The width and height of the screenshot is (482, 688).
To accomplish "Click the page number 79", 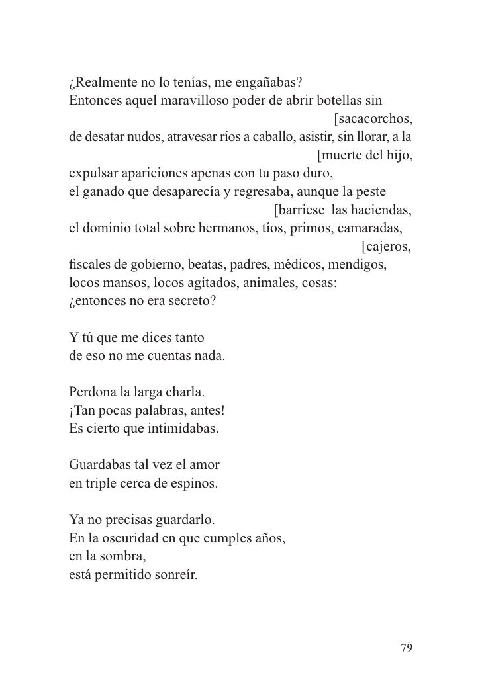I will (x=407, y=648).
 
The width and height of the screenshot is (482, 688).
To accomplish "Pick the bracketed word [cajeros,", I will (x=387, y=247).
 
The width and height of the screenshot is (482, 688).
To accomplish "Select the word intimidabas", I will (x=179, y=430).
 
